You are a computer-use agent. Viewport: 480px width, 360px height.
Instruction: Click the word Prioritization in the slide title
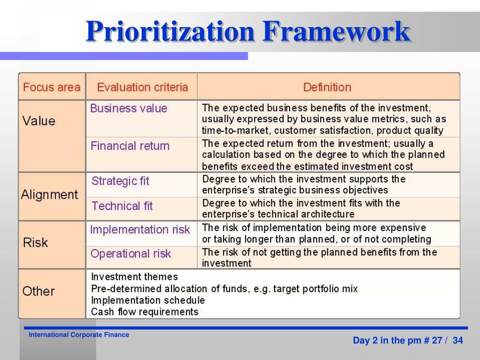click(x=170, y=33)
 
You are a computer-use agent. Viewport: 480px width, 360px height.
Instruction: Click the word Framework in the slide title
click(x=336, y=33)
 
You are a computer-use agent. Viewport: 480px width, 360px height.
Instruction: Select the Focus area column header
click(x=52, y=87)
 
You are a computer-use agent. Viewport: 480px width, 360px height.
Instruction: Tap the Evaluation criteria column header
click(x=142, y=87)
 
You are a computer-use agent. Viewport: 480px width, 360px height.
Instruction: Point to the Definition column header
click(x=327, y=87)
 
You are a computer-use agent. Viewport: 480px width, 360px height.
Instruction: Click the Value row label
click(x=39, y=121)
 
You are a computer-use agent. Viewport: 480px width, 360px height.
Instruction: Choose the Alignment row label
click(x=49, y=195)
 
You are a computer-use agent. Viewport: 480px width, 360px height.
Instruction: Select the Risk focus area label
click(x=36, y=243)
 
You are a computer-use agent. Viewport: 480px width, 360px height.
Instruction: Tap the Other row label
click(x=38, y=291)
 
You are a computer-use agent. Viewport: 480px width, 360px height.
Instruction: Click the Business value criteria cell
click(x=128, y=108)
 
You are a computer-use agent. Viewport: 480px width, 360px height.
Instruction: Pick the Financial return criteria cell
click(x=130, y=146)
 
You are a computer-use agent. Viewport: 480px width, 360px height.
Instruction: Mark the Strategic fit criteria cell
click(x=120, y=181)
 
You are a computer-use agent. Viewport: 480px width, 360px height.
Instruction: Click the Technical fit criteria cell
click(x=122, y=206)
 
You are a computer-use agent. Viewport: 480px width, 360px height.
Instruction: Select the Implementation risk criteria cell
click(x=140, y=230)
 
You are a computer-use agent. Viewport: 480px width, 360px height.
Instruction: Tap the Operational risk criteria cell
click(x=130, y=254)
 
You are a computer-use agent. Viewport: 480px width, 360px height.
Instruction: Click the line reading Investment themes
click(x=134, y=277)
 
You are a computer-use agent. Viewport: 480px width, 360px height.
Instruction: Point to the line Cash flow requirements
click(x=144, y=312)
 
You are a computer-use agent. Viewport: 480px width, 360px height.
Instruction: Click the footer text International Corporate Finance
click(x=79, y=335)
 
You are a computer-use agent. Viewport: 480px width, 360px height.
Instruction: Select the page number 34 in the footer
click(x=457, y=340)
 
